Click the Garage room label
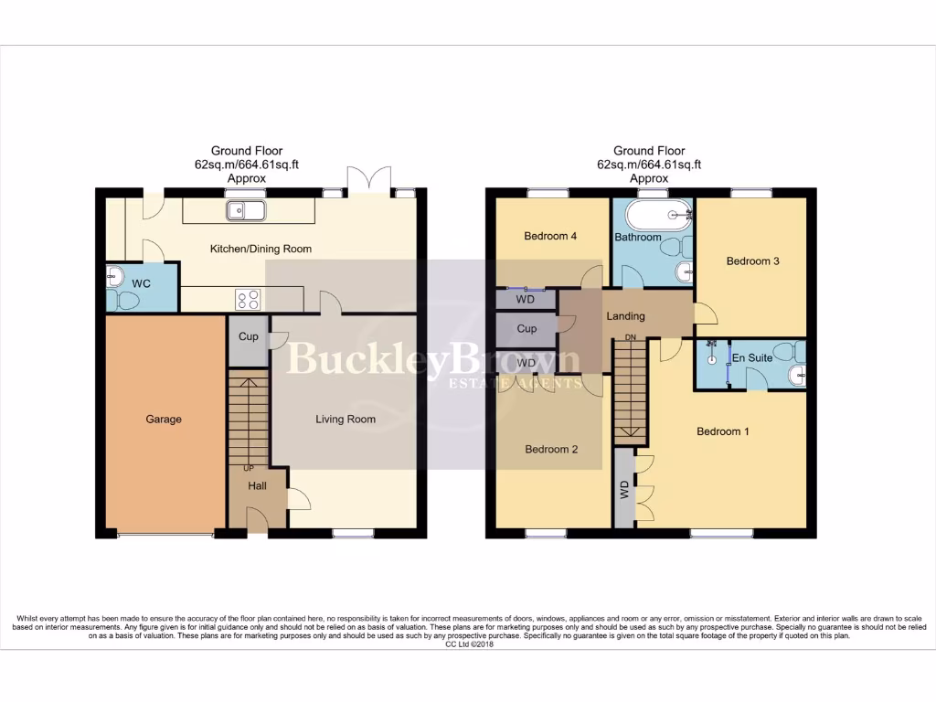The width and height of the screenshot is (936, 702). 164,420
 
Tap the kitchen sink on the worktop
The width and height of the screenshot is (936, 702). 247,211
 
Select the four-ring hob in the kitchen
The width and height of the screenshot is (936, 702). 249,299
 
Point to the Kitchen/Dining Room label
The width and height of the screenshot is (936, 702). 261,249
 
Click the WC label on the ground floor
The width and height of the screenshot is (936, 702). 141,284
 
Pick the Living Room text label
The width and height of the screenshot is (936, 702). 346,420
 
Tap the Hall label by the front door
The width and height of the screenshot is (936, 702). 257,486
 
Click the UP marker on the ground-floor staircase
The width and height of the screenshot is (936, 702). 248,468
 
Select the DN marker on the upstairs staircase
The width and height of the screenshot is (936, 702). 631,338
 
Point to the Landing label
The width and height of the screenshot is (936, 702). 626,316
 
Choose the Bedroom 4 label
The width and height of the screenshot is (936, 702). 550,236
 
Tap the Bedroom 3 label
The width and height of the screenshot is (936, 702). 752,261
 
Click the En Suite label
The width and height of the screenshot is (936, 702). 753,358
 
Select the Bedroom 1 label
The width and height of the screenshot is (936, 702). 723,431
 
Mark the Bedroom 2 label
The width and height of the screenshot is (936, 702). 550,450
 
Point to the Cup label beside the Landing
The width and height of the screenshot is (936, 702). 526,329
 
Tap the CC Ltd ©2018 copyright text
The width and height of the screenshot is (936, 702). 468,644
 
